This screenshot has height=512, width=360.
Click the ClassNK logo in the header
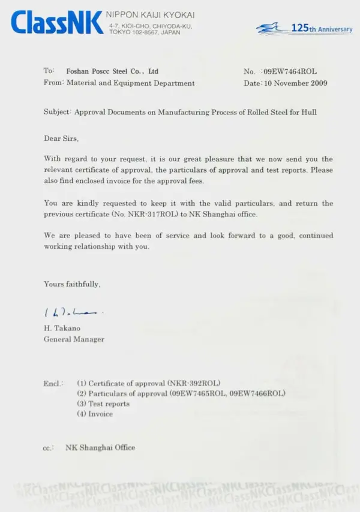coord(57,23)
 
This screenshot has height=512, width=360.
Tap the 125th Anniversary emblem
coord(304,28)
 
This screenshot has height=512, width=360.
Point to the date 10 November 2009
coord(296,83)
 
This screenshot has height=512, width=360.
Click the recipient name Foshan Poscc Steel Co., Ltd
coord(112,71)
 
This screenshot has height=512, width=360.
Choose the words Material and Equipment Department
coord(130,83)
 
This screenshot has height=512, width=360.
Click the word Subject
coord(57,112)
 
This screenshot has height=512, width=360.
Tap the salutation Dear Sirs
coord(61,138)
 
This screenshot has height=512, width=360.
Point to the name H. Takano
coord(62,328)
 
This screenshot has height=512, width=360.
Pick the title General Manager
coord(74,339)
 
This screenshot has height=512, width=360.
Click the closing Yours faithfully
coord(72,284)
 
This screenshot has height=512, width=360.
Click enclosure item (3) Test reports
coord(103,403)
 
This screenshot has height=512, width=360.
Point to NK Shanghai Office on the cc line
coord(100,447)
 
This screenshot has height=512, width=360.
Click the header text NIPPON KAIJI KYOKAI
coord(150,14)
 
